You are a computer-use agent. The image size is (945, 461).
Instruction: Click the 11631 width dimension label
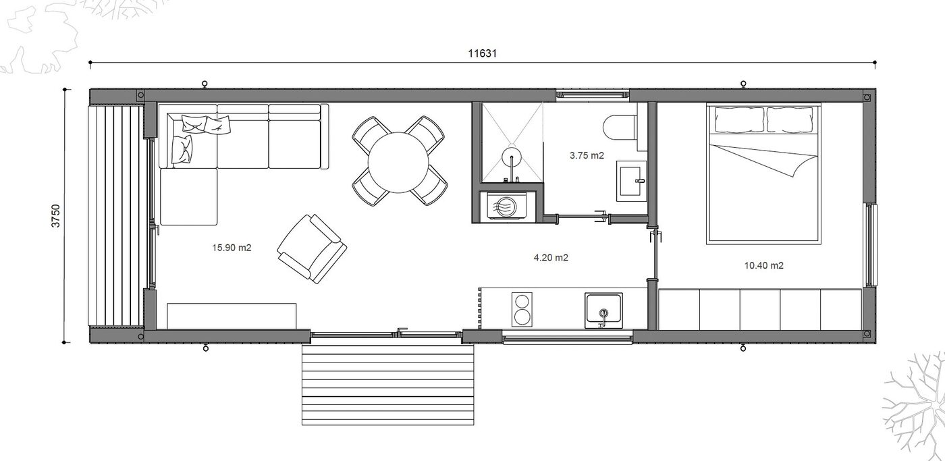(x=482, y=53)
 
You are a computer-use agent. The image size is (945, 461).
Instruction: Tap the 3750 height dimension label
(x=55, y=216)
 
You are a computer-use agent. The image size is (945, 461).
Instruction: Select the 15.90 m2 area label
(x=232, y=248)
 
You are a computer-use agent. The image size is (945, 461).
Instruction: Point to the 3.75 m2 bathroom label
(x=587, y=155)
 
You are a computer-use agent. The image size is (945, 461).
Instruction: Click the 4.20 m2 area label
(x=551, y=257)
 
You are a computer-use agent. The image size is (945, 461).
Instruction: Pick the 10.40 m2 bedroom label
(x=763, y=265)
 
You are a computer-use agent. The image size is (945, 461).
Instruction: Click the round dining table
(x=398, y=163)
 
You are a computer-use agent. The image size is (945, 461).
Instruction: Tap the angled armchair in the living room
(x=312, y=248)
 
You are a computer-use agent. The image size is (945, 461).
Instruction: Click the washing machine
(x=506, y=207)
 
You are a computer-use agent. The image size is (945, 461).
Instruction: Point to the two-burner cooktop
(x=522, y=309)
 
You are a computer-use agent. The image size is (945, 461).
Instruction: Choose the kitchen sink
(x=603, y=310)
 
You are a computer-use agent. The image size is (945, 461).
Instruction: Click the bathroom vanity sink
(x=631, y=181)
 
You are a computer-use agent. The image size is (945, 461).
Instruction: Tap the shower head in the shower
(x=512, y=157)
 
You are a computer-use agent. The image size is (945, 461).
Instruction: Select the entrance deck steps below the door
(x=387, y=385)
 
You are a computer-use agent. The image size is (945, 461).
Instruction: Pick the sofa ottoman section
(x=188, y=197)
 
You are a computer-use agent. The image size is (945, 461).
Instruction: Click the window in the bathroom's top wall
(x=592, y=94)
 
